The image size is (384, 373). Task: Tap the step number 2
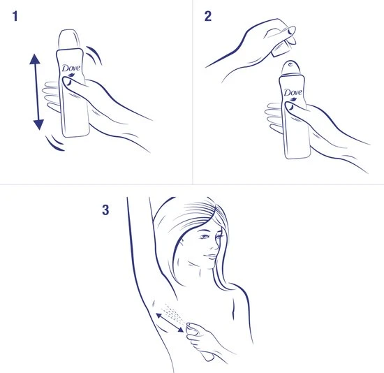tap(208, 17)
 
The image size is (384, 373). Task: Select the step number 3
tap(105, 209)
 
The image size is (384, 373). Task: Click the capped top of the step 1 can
tap(70, 38)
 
